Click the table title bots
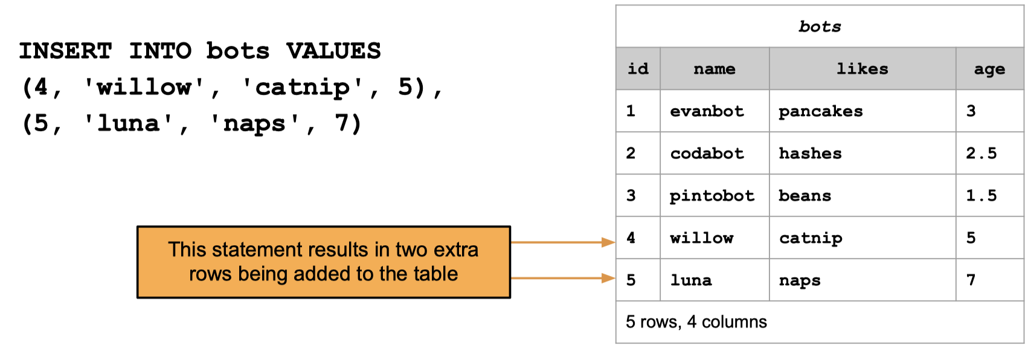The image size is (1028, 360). (820, 27)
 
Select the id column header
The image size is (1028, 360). (638, 69)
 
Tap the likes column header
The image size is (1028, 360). (862, 69)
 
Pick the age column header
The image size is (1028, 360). (989, 69)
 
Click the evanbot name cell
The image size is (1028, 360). (707, 111)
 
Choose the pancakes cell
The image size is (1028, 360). (820, 112)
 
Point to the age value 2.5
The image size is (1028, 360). (981, 153)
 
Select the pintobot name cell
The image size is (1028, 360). (712, 196)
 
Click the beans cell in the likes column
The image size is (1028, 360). (805, 196)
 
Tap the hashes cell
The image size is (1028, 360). (810, 153)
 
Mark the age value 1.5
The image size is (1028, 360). (981, 196)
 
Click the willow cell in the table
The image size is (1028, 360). (702, 238)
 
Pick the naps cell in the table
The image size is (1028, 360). (800, 281)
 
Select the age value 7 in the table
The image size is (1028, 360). (971, 280)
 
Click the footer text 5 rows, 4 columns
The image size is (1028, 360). (696, 322)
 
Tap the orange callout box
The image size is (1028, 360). (324, 262)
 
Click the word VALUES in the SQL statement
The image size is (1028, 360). (333, 51)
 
